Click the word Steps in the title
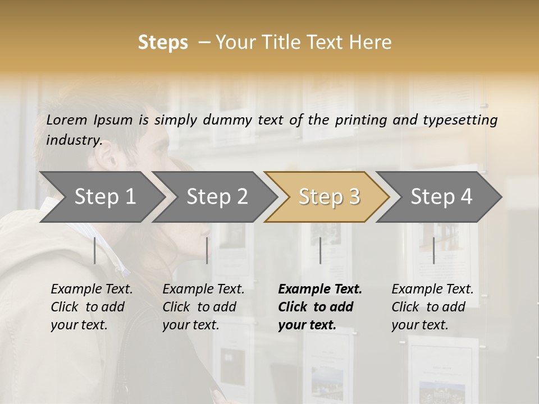coord(163,43)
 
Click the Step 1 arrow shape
coord(101,197)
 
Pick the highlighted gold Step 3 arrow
coord(328,197)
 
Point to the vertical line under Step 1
coord(95,250)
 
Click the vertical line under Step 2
coord(207,250)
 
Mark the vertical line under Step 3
coord(321,250)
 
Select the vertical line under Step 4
coord(433,250)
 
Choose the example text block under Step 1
coord(92,307)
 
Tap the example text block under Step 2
coord(203,307)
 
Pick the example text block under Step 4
coord(432,307)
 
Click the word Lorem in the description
coord(66,120)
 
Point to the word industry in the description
coord(74,140)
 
